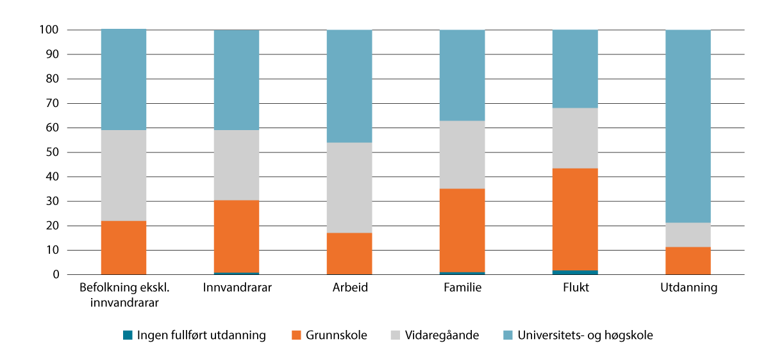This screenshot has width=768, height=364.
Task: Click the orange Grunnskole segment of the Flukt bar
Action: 574,219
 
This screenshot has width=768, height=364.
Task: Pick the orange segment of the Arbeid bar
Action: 349,253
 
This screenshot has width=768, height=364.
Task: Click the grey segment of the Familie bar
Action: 462,154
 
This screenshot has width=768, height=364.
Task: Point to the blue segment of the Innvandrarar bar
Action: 236,80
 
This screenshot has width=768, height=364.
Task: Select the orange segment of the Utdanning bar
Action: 688,260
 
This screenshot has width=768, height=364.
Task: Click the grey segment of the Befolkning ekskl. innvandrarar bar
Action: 124,175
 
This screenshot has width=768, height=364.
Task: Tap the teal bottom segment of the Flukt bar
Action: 574,272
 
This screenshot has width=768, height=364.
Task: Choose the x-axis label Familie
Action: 462,288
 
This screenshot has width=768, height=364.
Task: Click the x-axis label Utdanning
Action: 688,288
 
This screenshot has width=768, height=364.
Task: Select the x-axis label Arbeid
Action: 349,288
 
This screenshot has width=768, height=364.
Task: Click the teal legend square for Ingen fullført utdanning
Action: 128,335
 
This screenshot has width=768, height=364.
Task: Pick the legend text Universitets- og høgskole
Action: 585,335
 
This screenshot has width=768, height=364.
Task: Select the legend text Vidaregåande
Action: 442,335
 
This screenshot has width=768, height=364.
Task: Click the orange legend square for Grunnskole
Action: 296,335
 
